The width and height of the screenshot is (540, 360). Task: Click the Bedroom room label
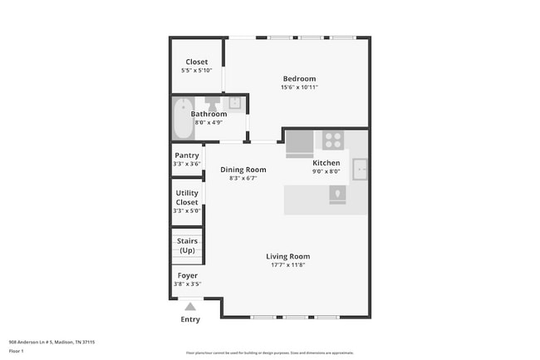point(298,79)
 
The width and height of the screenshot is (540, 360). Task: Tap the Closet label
point(197,62)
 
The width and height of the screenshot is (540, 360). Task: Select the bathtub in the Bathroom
point(181,119)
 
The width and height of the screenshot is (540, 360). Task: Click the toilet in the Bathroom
point(214,104)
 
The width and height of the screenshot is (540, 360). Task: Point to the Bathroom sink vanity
point(235,103)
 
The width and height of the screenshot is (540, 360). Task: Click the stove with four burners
point(333,140)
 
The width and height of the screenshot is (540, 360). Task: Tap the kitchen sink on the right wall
point(361,169)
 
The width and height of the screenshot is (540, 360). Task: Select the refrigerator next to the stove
point(299,143)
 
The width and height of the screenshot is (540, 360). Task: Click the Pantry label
point(187,155)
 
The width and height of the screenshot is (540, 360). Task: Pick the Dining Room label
point(243,170)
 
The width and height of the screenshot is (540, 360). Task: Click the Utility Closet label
point(187,198)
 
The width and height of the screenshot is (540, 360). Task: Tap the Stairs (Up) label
point(187,244)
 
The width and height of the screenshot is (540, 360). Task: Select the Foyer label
point(188,275)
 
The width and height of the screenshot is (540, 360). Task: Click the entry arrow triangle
point(190,307)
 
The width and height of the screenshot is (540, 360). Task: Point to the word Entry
point(190,319)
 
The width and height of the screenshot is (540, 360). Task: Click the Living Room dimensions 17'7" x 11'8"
point(288,265)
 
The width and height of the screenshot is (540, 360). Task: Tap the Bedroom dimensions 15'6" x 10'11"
point(298,87)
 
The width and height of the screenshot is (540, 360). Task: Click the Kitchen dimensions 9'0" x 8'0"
point(326,171)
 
